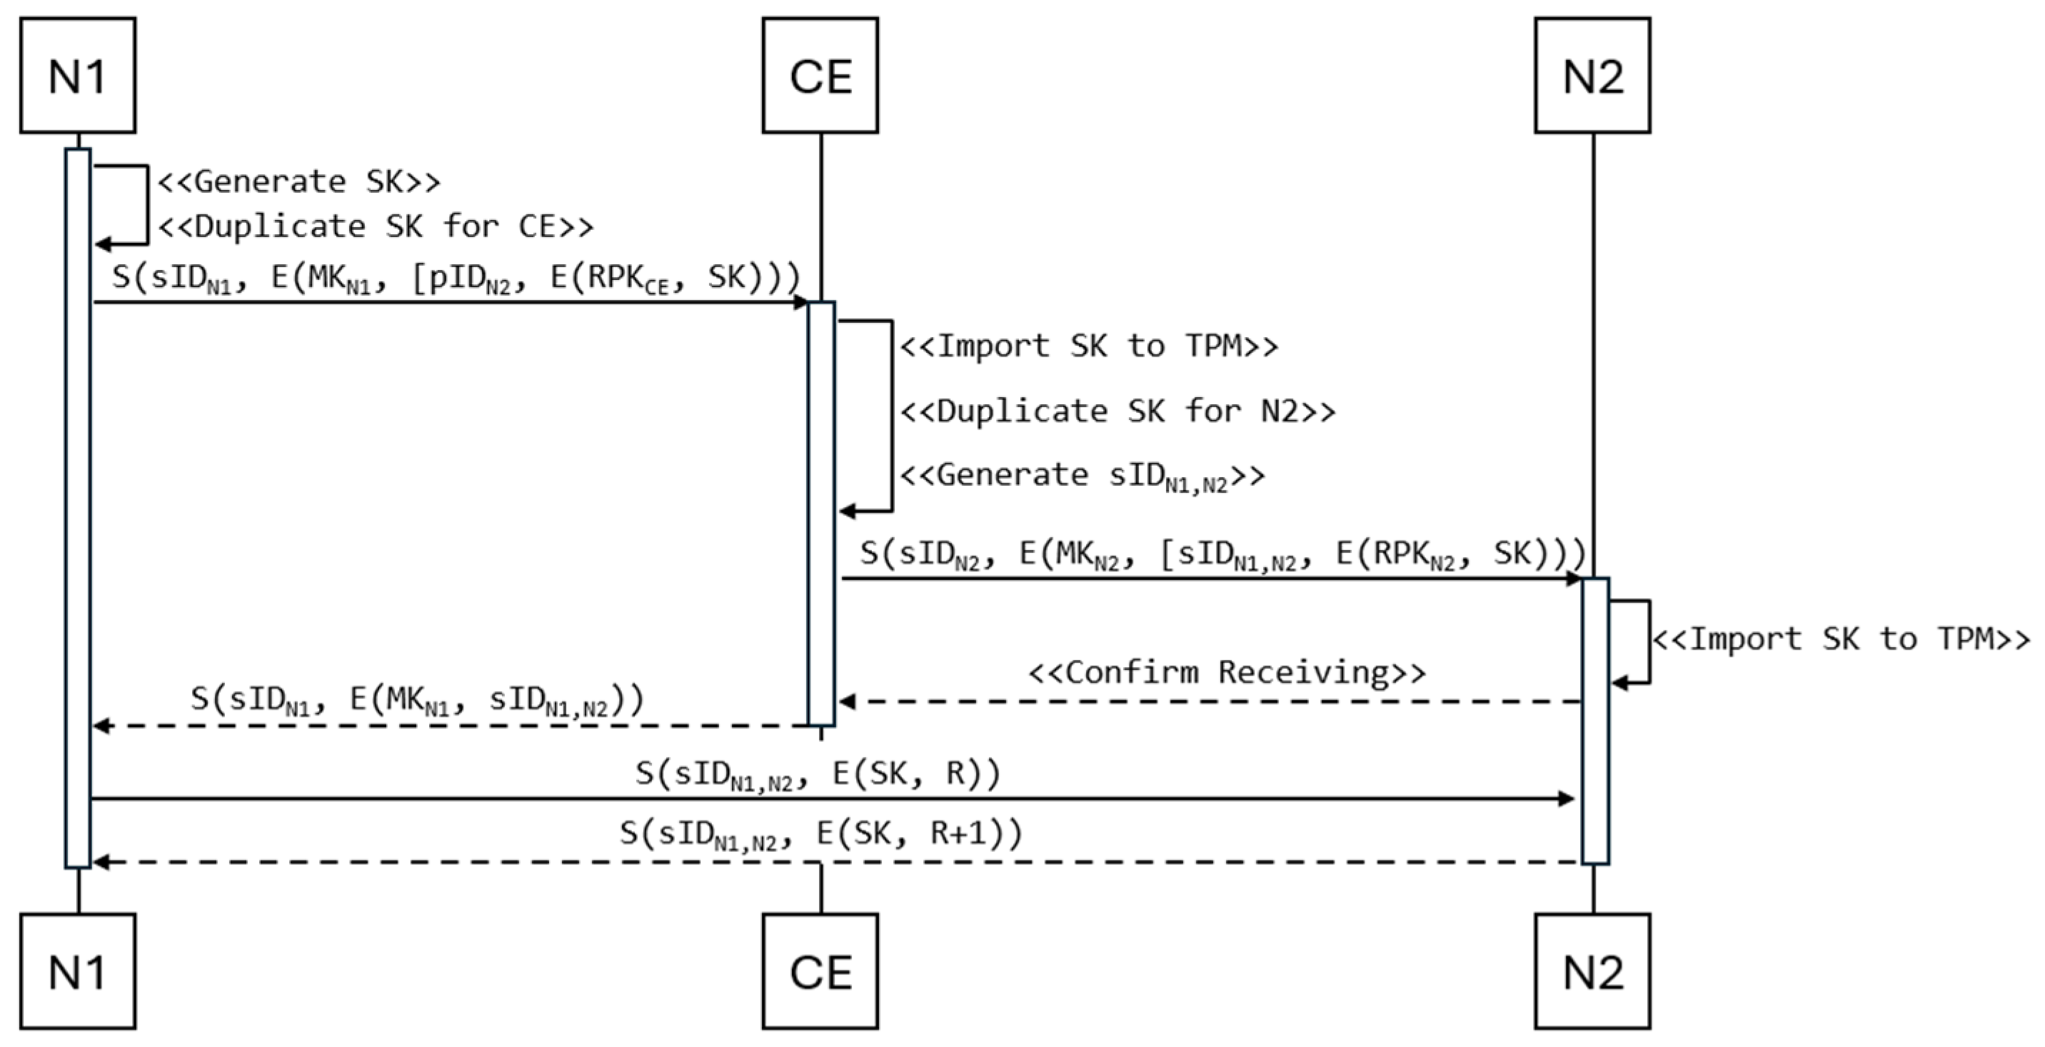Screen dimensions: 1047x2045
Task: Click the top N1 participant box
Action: [78, 76]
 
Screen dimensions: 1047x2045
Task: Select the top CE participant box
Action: [820, 76]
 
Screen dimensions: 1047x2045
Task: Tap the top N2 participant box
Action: [1592, 76]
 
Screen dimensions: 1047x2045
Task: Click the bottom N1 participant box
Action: [78, 971]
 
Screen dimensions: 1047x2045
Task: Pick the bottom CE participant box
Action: [820, 971]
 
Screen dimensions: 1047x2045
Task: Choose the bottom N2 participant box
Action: [1592, 971]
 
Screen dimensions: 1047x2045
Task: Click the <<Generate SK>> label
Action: [299, 182]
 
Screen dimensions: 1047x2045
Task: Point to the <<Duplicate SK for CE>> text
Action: [376, 227]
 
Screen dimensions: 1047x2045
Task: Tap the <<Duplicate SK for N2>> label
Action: [1117, 411]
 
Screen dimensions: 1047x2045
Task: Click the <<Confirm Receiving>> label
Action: [1227, 672]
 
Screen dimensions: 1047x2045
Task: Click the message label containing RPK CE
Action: [456, 278]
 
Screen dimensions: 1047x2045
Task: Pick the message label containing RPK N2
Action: [1222, 554]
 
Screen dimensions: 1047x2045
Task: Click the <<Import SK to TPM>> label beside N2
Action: [1841, 639]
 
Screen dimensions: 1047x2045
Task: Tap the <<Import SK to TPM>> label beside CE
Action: [1089, 346]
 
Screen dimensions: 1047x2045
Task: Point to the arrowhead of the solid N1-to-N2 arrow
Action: [1567, 798]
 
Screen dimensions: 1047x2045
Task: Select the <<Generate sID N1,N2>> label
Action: [1082, 476]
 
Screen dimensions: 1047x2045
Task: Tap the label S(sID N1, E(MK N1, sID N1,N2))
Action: [417, 700]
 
